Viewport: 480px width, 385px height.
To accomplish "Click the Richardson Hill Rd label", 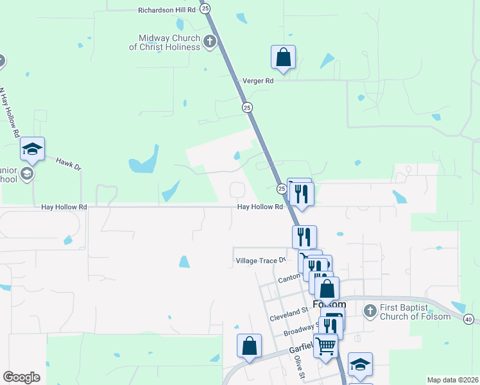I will (166, 10).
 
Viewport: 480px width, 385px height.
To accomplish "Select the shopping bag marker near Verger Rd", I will (283, 58).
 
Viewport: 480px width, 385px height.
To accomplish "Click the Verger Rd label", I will (258, 81).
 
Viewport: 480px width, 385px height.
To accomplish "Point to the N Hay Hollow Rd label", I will (9, 113).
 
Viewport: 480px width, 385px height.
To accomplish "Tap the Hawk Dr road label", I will (69, 164).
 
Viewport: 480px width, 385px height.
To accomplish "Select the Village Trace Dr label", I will (261, 261).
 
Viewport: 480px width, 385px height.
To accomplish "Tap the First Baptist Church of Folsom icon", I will (370, 312).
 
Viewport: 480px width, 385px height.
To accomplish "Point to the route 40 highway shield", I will (468, 319).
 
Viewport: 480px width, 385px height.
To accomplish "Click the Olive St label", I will (298, 368).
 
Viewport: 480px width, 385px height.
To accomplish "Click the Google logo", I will (21, 377).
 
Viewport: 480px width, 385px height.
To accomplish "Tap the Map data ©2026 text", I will (452, 380).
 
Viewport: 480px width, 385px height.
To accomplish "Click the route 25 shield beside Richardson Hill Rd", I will (205, 8).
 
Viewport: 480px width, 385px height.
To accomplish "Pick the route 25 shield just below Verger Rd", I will (247, 108).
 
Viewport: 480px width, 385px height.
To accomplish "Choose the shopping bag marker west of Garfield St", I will (249, 346).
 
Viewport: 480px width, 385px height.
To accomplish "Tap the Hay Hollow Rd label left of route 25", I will (64, 207).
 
